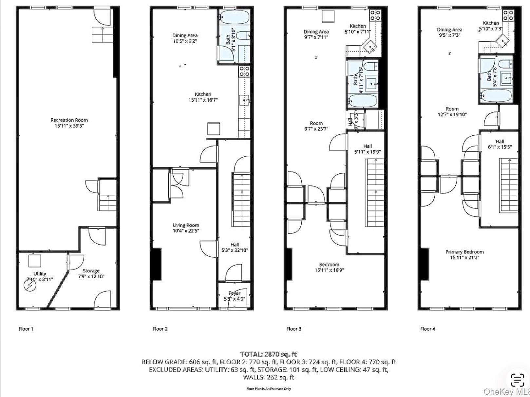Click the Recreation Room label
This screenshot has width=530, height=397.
pyautogui.click(x=69, y=120)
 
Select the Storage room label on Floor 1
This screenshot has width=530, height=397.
pyautogui.click(x=91, y=271)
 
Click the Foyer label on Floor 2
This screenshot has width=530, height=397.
pyautogui.click(x=234, y=293)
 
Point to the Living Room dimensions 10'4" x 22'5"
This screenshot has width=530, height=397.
pyautogui.click(x=186, y=231)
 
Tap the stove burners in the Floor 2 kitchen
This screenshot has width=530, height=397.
pyautogui.click(x=244, y=71)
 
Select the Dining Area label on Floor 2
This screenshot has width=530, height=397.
pyautogui.click(x=185, y=35)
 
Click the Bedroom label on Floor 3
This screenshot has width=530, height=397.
pyautogui.click(x=329, y=265)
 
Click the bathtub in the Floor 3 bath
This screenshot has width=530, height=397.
pyautogui.click(x=362, y=101)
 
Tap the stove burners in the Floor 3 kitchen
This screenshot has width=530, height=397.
pyautogui.click(x=375, y=15)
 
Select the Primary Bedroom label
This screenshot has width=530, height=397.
pyautogui.click(x=464, y=252)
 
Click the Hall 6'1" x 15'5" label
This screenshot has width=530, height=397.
pyautogui.click(x=500, y=144)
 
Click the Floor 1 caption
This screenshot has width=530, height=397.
pyautogui.click(x=26, y=329)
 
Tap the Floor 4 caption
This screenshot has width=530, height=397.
pyautogui.click(x=427, y=329)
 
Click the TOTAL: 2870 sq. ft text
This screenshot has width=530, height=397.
pyautogui.click(x=268, y=354)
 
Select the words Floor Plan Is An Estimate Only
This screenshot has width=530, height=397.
pyautogui.click(x=268, y=389)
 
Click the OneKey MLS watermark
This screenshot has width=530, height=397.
pyautogui.click(x=506, y=392)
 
